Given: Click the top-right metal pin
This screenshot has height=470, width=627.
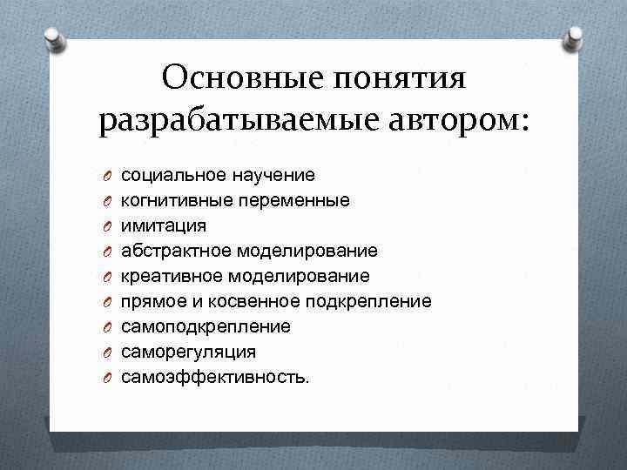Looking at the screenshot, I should (x=575, y=37).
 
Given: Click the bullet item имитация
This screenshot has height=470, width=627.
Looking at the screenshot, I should (x=164, y=226).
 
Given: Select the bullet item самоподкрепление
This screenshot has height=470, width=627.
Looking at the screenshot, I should (x=206, y=327).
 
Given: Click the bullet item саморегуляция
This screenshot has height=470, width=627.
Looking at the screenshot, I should (x=188, y=352).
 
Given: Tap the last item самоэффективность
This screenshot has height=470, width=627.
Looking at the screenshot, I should (x=214, y=378).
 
